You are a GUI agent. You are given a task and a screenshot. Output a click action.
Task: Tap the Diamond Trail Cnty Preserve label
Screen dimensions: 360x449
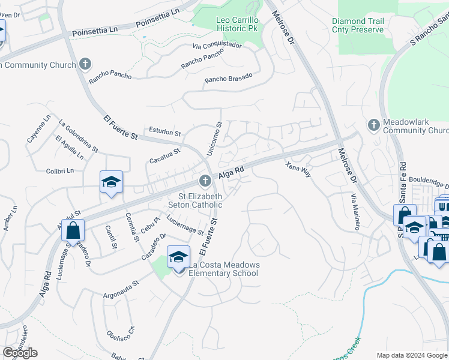click(358, 25)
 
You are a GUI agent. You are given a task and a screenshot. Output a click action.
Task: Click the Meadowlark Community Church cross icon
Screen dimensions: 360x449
click(373, 125)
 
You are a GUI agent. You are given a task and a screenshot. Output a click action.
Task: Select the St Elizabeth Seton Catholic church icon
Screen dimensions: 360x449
click(204, 181)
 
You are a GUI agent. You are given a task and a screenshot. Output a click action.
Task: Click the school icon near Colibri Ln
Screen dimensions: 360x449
click(111, 182)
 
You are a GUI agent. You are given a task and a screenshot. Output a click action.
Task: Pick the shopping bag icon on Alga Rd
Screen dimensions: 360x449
click(73, 230)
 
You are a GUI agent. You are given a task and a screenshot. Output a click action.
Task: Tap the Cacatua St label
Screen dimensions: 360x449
click(164, 156)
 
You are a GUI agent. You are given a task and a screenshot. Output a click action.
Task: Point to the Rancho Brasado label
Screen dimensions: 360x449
click(228, 78)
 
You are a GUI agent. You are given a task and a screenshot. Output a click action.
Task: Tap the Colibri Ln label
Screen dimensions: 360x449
click(59, 171)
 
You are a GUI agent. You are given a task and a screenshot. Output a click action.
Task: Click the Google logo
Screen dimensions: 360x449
click(20, 353)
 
